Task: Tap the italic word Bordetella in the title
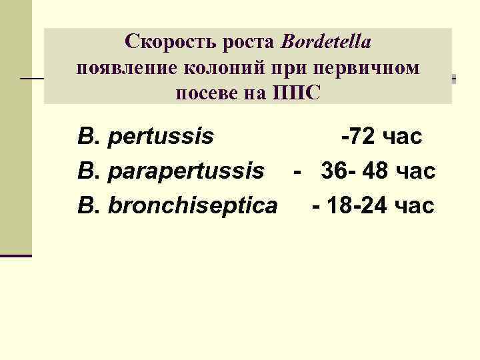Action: [326, 43]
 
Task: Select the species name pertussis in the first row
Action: [161, 138]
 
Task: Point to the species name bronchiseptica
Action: [193, 206]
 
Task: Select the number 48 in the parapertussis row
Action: [377, 172]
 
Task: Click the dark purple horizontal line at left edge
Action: [16, 255]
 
